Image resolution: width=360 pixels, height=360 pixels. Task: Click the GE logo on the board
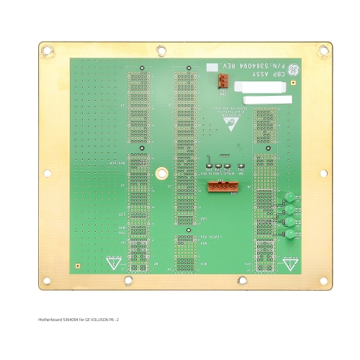coord(294,71)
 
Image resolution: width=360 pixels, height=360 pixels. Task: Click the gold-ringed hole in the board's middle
coord(162,174)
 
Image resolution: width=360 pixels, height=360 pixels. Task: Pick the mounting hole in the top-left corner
coord(48,50)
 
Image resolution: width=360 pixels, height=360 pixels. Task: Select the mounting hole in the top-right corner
coord(323,50)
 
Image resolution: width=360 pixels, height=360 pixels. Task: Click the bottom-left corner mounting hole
coord(47,281)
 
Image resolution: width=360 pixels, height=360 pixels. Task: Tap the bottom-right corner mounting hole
coord(323,281)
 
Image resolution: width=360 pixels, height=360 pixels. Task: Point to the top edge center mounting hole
coord(161,50)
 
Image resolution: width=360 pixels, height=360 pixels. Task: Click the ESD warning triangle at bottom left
coord(113,263)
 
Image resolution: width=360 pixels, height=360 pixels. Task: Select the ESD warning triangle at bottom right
coord(290,264)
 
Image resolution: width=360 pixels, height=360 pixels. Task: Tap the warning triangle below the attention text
coord(232,123)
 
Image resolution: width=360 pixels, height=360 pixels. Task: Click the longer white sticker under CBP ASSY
coord(268,99)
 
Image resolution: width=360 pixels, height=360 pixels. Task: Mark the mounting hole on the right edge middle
coord(323,173)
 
